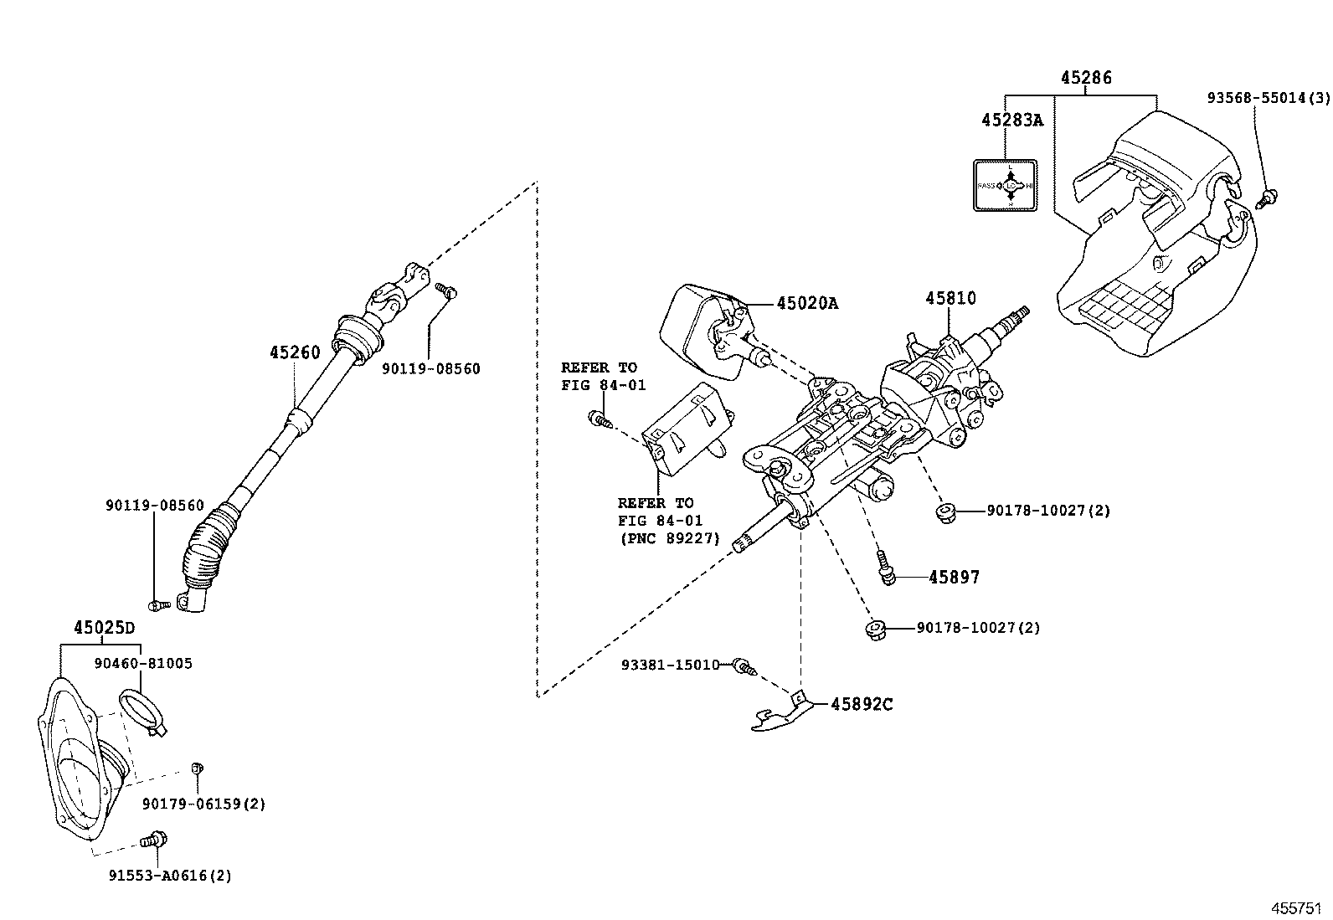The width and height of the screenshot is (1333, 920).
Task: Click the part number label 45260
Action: pos(295,353)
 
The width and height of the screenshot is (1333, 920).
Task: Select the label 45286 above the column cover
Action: pos(1086,78)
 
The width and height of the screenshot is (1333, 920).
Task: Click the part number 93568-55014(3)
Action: pos(1268,98)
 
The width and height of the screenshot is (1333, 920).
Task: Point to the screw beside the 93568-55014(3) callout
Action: pos(1268,198)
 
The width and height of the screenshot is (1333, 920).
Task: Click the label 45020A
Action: pos(806,303)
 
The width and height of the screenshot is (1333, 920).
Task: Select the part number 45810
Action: pos(950,298)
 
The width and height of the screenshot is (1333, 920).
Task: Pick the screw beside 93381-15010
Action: pos(744,666)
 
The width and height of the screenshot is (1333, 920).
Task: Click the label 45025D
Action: pos(104,628)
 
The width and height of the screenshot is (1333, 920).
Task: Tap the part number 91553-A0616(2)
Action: pos(170,876)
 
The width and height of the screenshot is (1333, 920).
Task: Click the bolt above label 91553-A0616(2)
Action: pos(154,838)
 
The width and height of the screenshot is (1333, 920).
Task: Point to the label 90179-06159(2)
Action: pos(203,804)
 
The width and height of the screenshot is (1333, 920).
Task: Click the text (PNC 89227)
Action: pos(669,538)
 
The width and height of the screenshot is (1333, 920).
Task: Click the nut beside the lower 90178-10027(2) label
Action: pos(876,628)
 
